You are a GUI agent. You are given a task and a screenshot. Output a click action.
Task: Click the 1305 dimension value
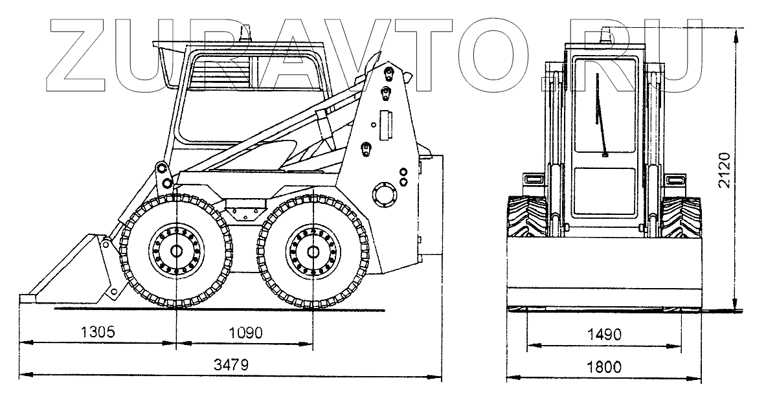tap(98, 333)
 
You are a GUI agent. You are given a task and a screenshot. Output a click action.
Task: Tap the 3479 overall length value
tap(231, 364)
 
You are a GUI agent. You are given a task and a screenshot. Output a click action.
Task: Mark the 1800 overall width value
tap(603, 366)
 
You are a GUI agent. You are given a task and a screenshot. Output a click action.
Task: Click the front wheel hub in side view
tap(175, 251)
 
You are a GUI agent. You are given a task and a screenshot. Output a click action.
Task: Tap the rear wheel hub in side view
tap(313, 251)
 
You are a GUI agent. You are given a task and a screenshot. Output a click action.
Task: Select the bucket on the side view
tap(71, 272)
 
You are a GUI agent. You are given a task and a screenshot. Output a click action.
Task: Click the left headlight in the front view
tap(534, 179)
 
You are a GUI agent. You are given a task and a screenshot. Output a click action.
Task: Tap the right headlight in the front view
tap(675, 179)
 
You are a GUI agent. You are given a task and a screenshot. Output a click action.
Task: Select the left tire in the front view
tap(526, 218)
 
